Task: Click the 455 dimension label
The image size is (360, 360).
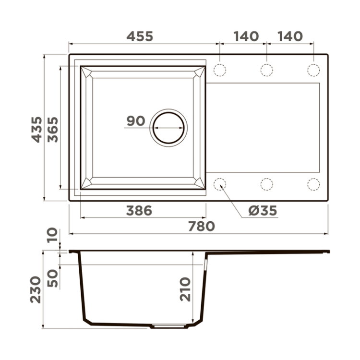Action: click(140, 36)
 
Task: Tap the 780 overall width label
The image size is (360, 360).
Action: click(202, 226)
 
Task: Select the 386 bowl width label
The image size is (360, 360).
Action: click(139, 211)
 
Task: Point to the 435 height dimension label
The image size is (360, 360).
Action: click(37, 130)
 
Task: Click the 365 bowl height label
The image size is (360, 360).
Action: click(53, 130)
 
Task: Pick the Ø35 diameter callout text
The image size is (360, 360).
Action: click(263, 211)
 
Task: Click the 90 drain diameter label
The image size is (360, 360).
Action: click(136, 121)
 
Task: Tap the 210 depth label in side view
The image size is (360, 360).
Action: click(185, 289)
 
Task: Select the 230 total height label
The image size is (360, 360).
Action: click(36, 290)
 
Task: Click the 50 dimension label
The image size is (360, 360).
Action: click(53, 278)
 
